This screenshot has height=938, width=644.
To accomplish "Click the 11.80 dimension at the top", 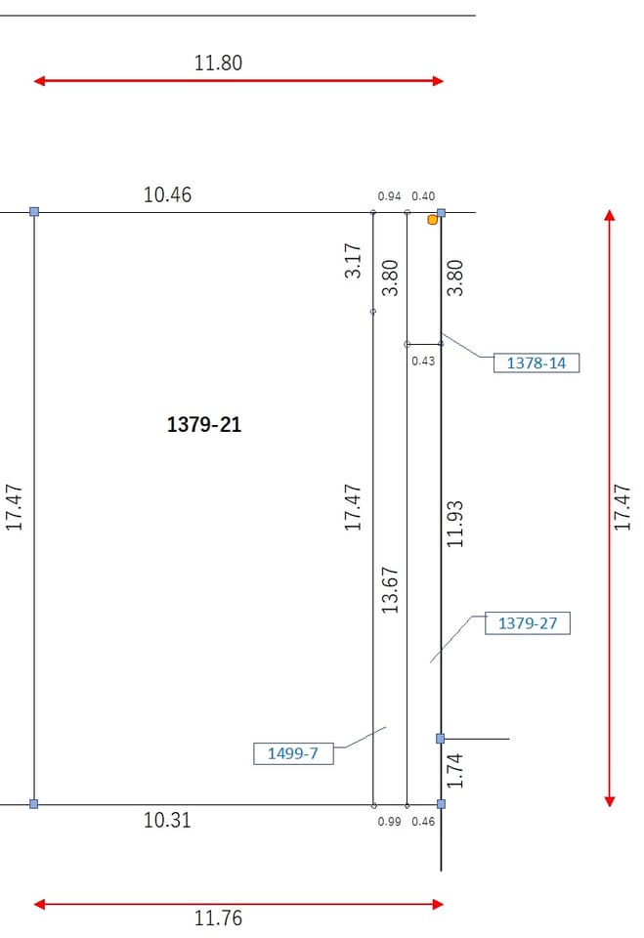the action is [x=218, y=63].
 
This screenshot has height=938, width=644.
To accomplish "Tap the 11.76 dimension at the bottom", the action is [x=218, y=917].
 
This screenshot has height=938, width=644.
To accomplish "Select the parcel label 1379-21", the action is [x=204, y=425].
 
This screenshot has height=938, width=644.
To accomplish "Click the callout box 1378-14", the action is [x=537, y=362].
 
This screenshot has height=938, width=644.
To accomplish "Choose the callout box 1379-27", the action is [x=528, y=622].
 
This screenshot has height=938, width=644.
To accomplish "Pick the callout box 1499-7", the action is [x=292, y=753].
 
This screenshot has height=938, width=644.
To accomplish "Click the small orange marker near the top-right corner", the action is [x=432, y=220].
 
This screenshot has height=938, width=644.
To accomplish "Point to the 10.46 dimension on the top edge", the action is [x=167, y=194].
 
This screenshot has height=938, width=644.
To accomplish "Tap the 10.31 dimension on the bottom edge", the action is [x=167, y=820].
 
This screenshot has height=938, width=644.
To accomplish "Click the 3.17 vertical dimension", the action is [x=353, y=260].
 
